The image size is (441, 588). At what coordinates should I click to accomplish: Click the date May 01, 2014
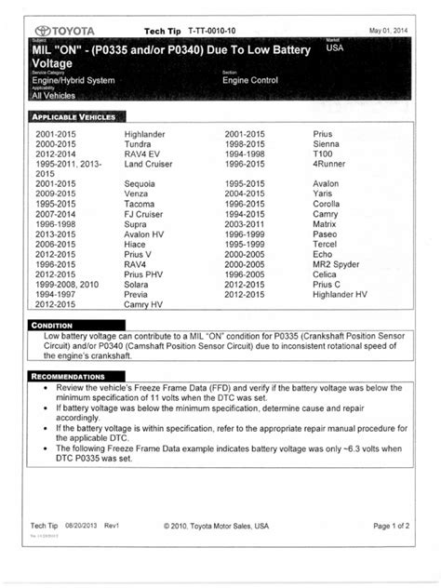click(389, 30)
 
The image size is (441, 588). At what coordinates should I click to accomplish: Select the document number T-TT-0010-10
click(213, 30)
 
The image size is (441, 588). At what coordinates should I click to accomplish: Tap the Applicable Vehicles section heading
click(74, 118)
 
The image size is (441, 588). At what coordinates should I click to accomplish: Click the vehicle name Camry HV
click(144, 304)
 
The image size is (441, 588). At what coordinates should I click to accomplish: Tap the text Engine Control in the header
click(257, 81)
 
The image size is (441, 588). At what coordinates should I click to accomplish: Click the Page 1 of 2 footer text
click(393, 526)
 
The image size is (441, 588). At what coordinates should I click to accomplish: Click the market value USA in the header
click(336, 49)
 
